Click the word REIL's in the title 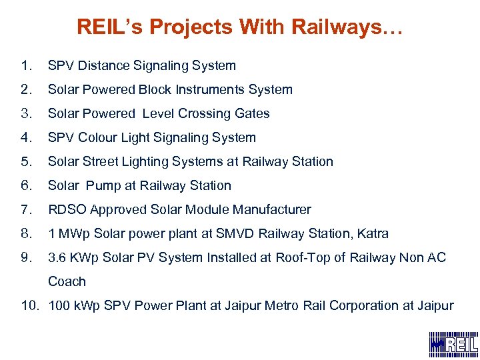coord(109,27)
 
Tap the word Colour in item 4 coord(99,138)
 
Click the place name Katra coord(372,234)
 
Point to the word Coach coord(67,282)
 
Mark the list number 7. coord(26,210)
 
